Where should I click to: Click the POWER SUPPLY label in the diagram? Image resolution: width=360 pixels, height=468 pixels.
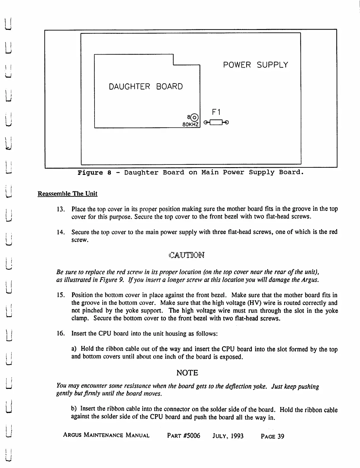pos(255,65)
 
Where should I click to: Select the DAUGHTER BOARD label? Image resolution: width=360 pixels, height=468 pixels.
pos(146,87)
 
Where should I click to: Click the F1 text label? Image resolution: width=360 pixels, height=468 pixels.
pos(216,112)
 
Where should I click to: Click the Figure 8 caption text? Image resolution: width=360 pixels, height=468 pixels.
pos(191,172)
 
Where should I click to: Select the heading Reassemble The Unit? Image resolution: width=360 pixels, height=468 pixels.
pos(67,194)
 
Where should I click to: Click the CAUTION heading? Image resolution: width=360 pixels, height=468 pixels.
pos(187,255)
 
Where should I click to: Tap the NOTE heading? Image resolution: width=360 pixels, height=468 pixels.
pos(187,373)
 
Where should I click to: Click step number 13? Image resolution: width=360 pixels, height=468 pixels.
pos(60,209)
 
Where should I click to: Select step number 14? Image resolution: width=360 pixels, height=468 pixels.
pos(60,232)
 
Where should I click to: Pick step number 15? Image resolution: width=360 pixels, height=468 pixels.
pos(60,295)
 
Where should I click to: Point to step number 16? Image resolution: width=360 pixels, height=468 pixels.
pos(60,334)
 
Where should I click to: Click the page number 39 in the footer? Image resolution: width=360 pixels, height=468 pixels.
pos(272,436)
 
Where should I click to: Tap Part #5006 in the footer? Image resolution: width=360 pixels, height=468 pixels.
pos(184,436)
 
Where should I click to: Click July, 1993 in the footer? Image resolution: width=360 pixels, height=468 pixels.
pos(228,436)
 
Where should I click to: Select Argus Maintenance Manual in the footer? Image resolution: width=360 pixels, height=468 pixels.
pos(106,435)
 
